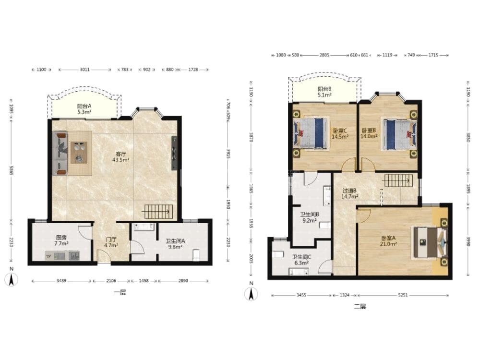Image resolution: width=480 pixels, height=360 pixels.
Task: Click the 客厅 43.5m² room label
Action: coord(120,157)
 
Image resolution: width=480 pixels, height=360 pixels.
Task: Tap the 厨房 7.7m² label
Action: coord(61,240)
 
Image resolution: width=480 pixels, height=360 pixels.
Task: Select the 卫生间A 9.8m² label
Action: coord(175,244)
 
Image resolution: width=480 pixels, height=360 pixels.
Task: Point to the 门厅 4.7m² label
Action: coord(111,242)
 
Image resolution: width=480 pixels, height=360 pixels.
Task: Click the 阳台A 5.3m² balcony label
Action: coord(84,109)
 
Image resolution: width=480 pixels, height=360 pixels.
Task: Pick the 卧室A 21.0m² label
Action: coord(388,241)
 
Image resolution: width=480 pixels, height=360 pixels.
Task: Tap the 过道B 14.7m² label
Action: coord(349,193)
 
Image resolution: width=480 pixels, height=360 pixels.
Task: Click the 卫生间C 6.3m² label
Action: coord(301,260)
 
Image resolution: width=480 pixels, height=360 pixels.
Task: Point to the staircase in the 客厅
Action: coord(157,212)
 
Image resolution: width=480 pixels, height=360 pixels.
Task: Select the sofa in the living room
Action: coord(60,153)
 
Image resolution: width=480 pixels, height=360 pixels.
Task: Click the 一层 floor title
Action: coord(120,292)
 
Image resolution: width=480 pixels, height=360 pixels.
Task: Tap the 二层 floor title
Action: coord(360,306)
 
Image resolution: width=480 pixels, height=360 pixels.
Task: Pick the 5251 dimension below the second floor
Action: coord(403,295)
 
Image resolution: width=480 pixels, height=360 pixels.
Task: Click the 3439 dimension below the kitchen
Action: coord(61,280)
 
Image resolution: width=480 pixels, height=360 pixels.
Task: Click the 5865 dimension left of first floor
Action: coord(12,170)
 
